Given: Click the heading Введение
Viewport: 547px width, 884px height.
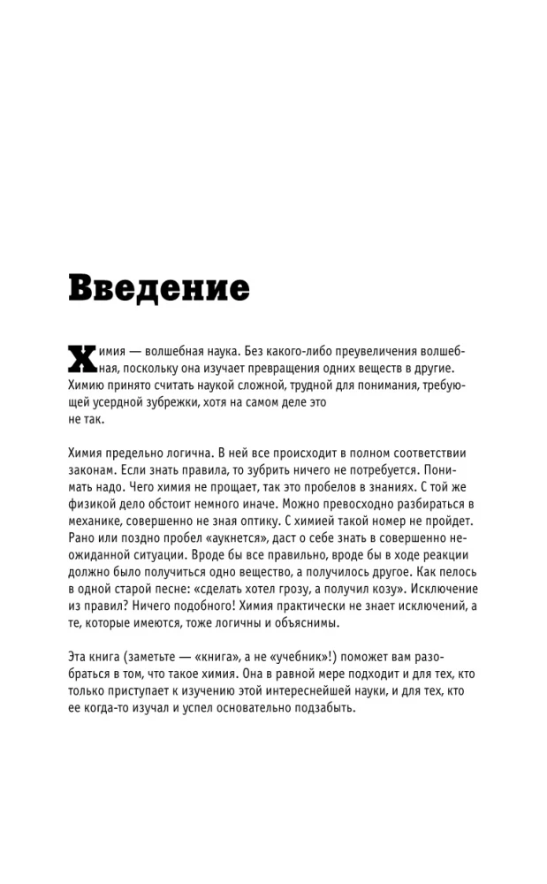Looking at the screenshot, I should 159,288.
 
